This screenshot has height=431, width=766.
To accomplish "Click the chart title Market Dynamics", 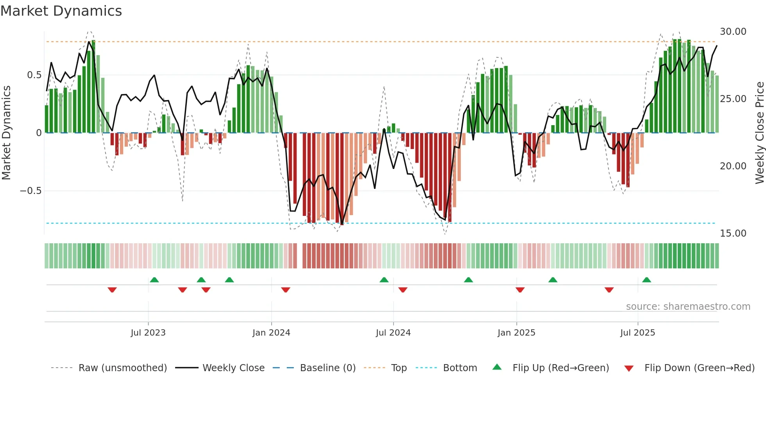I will coord(61,11).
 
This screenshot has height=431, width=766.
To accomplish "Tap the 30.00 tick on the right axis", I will coord(733,32).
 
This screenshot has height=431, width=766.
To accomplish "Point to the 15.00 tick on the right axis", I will coord(733,233).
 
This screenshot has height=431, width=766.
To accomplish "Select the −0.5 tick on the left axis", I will coord(30,191).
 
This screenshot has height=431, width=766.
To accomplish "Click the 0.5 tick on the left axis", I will coord(34,75).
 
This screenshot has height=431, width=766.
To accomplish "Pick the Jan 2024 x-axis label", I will coord(271,333).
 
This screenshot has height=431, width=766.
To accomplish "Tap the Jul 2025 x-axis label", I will coord(637,333).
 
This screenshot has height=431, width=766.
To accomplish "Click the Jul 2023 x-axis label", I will coord(148,333).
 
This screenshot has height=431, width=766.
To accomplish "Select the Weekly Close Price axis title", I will coord(759,133).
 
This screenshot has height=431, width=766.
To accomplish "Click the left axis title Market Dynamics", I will coord(6,133).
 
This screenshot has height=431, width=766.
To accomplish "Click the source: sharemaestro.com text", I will coord(688,307).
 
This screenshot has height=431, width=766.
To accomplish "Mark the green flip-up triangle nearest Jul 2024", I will coord(384,280).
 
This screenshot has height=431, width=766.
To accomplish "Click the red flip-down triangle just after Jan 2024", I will coord(286,290).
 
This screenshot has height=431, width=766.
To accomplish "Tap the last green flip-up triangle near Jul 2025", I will coord(646,280).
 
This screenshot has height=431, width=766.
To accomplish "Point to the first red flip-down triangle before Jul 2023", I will coord(112,290).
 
